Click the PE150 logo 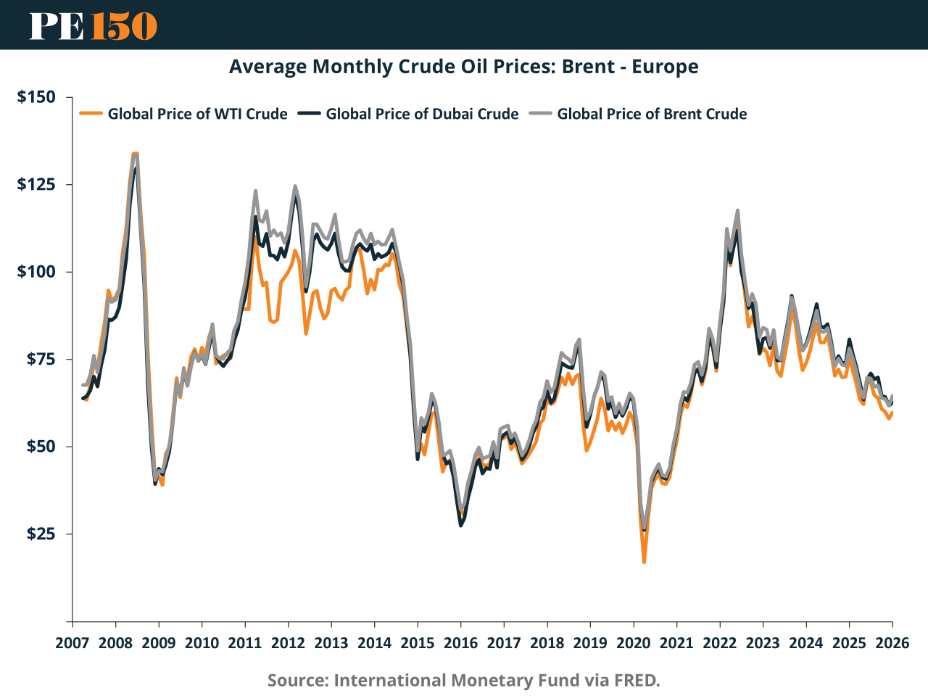tap(94, 25)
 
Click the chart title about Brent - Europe tap(464, 67)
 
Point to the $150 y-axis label tap(36, 97)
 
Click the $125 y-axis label tap(36, 184)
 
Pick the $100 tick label tap(36, 272)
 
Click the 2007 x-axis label tap(72, 643)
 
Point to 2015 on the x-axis tap(418, 643)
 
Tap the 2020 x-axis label tap(634, 643)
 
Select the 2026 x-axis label tap(892, 643)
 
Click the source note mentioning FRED tap(464, 680)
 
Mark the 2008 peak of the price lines tap(135, 154)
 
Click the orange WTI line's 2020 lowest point tap(644, 562)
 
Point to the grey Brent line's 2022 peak tap(737, 211)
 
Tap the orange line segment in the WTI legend tap(91, 114)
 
